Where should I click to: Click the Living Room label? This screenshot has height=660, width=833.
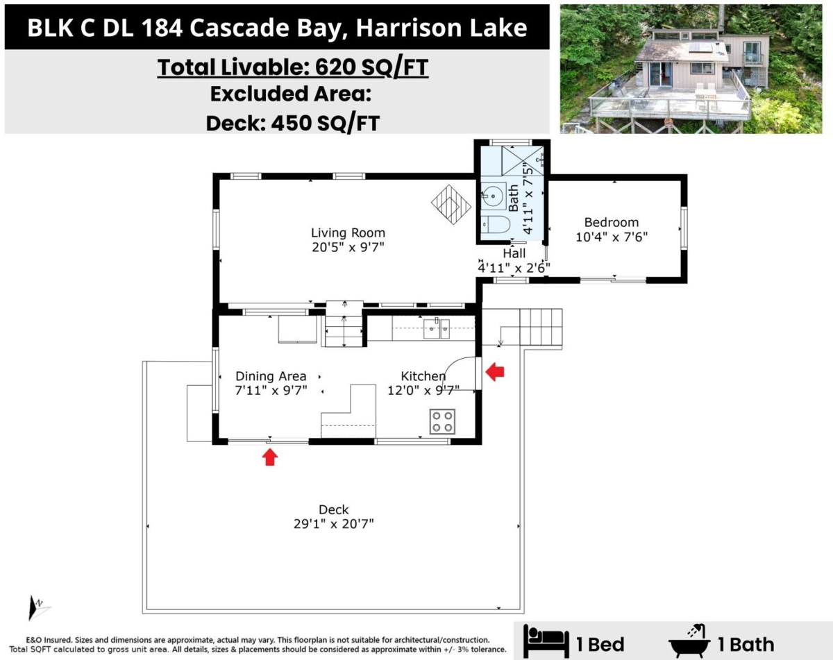(x=348, y=233)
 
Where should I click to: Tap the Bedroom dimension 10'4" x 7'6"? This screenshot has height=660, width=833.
(x=611, y=236)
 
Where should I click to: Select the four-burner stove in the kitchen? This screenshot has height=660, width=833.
(x=442, y=421)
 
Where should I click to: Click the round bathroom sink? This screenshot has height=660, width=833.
(x=494, y=196)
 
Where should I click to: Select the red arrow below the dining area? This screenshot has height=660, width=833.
(x=270, y=457)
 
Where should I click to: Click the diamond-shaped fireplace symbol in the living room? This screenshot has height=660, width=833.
(x=451, y=204)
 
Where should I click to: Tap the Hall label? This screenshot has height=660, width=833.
(x=515, y=253)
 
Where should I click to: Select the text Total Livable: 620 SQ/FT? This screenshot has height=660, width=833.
(x=292, y=68)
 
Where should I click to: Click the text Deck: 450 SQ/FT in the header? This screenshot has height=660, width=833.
(x=292, y=122)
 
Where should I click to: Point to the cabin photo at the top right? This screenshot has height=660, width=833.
(x=693, y=69)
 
